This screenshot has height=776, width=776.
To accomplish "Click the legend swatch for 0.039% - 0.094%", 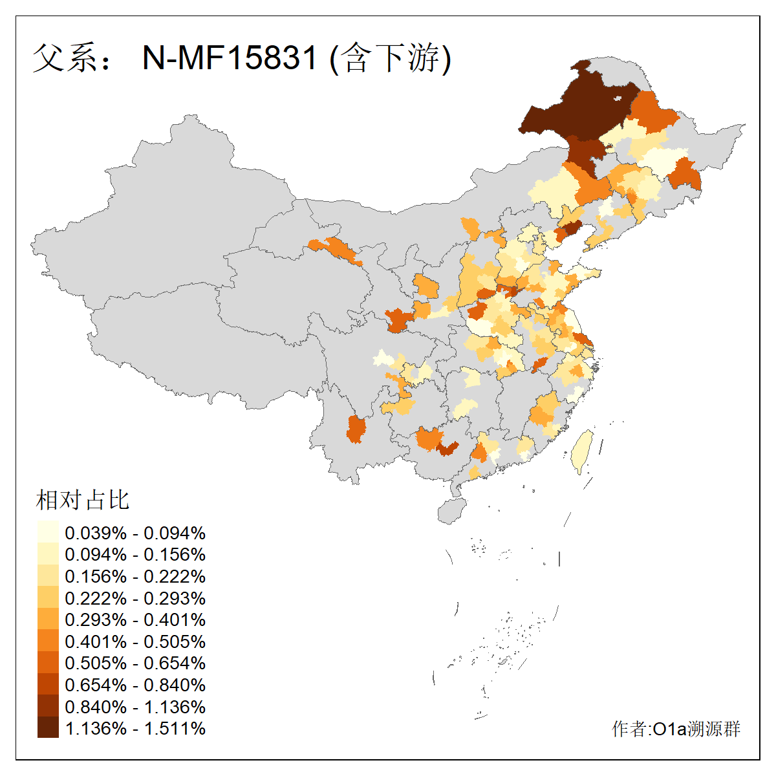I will [48, 532].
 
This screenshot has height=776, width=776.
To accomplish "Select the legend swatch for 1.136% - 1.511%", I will [48, 727].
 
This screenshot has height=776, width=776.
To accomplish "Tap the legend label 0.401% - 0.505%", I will [135, 641].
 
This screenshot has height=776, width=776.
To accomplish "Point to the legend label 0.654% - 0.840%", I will [135, 685].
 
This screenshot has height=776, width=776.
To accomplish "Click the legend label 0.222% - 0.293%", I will [135, 598].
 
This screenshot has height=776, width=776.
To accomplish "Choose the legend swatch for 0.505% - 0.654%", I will [48, 663].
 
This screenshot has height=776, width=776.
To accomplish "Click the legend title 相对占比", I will [83, 500].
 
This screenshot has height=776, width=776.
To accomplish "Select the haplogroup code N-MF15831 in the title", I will [230, 58].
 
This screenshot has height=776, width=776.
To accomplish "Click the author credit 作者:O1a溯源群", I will [676, 729].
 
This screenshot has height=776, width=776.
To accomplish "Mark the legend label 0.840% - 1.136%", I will [135, 707].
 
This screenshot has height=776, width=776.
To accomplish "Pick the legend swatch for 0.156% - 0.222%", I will [48, 576].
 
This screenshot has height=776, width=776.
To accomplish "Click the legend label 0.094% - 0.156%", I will [135, 554].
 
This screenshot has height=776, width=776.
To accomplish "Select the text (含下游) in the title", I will [390, 58].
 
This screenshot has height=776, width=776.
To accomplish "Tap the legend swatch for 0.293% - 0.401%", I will [48, 620].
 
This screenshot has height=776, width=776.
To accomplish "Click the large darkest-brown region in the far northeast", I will [576, 107].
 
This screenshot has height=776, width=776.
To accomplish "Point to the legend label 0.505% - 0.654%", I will [135, 663].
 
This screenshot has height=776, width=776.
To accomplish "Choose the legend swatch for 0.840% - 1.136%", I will [48, 706].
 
